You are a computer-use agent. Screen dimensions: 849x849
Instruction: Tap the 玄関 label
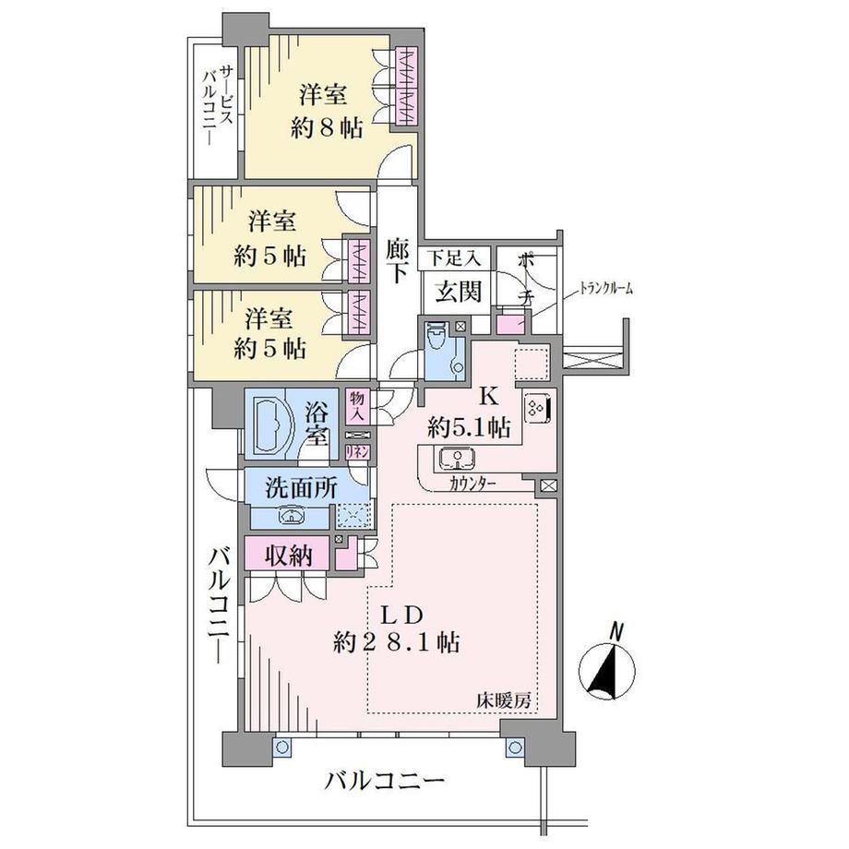click(459, 292)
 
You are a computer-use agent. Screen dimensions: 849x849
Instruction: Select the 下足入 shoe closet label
click(454, 257)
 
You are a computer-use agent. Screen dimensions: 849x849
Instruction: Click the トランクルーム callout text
click(605, 289)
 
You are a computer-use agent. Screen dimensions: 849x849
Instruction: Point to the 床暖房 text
click(503, 701)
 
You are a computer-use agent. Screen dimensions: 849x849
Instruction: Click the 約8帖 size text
click(326, 129)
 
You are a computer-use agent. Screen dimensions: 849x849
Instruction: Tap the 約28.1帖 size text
click(396, 643)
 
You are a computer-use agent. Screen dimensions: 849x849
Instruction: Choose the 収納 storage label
click(289, 556)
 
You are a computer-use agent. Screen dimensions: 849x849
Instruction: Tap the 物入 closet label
click(357, 406)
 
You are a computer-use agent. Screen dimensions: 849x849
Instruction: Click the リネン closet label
click(357, 451)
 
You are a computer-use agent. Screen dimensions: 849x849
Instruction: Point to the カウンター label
click(472, 483)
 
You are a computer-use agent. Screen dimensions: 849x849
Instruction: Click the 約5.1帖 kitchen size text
click(469, 428)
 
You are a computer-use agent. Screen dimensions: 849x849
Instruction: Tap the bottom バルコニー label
click(384, 781)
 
